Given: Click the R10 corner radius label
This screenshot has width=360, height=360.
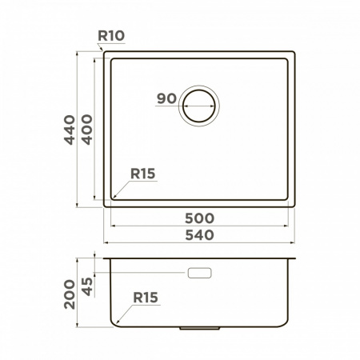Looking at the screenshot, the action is click(x=111, y=36).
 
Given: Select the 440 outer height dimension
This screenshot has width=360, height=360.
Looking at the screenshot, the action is click(x=70, y=130).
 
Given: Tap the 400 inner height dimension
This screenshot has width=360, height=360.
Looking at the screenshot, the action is click(x=87, y=130).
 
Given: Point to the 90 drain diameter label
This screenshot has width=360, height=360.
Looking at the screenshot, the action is click(x=166, y=98).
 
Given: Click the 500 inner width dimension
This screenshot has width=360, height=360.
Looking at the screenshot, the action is click(x=199, y=218).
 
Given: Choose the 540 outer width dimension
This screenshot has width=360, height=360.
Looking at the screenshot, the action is click(x=199, y=235).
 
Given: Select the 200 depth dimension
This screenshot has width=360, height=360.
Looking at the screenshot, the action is click(x=70, y=294).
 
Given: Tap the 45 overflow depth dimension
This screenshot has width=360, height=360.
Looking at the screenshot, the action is click(x=87, y=286).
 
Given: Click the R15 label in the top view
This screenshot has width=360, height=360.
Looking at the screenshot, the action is click(x=142, y=174).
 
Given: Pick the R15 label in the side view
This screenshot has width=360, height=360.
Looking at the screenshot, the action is click(x=146, y=298).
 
